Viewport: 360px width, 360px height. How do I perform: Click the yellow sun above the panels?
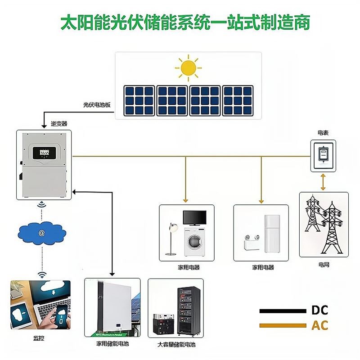click(x=188, y=68)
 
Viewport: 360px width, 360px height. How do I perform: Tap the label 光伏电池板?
click(x=97, y=104)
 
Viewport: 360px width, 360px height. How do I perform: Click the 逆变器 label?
click(x=59, y=123)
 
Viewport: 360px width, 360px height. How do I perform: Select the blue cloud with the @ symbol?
click(x=42, y=233)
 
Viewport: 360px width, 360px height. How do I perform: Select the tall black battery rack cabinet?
click(x=186, y=310)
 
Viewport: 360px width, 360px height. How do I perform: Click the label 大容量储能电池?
click(x=176, y=345)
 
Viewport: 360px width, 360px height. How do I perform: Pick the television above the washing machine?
click(x=194, y=218)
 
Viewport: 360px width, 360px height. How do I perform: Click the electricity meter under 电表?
click(x=323, y=154)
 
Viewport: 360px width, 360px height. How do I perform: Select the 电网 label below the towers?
click(x=324, y=265)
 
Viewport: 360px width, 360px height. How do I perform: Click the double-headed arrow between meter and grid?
click(x=323, y=181)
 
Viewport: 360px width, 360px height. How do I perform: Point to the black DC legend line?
click(x=282, y=310)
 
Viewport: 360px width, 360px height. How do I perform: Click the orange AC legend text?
click(x=319, y=325)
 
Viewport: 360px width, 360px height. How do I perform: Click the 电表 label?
click(x=323, y=133)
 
